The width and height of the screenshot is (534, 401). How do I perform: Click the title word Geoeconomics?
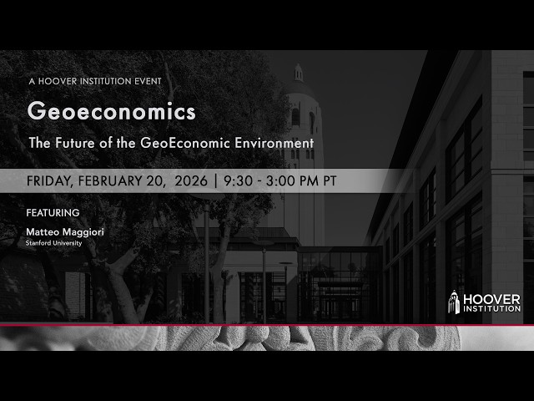[x=112, y=111]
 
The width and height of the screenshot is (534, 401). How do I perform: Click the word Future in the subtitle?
[x=78, y=143]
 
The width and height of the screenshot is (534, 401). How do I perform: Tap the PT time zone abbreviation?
[x=329, y=181]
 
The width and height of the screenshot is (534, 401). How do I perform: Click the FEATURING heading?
[x=53, y=213]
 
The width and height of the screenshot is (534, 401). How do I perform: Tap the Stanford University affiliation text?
[x=54, y=243]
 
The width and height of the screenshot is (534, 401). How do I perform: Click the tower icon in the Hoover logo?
[x=454, y=302]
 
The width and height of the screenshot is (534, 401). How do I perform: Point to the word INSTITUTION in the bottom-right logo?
[x=491, y=308]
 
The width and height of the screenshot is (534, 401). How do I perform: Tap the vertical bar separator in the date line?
[x=216, y=181]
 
